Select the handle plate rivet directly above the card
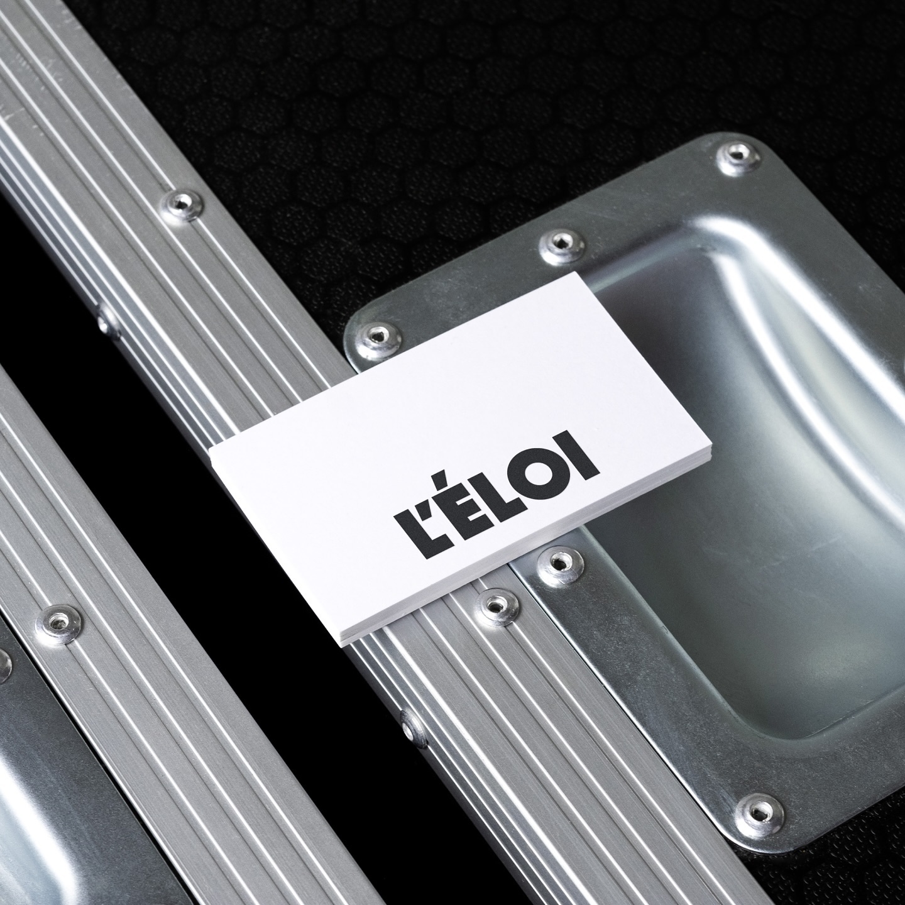(561, 243)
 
